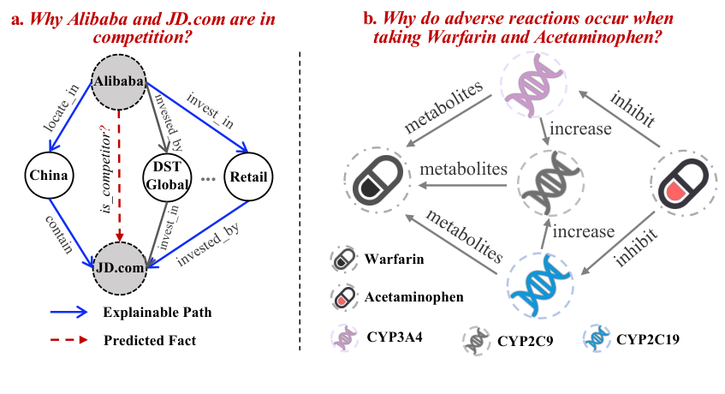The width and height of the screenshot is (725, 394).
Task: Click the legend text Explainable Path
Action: [157, 312]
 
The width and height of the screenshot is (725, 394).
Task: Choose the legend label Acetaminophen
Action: [414, 297]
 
